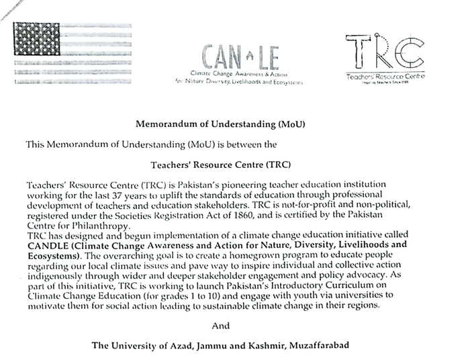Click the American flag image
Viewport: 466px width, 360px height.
pos(72,54)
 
